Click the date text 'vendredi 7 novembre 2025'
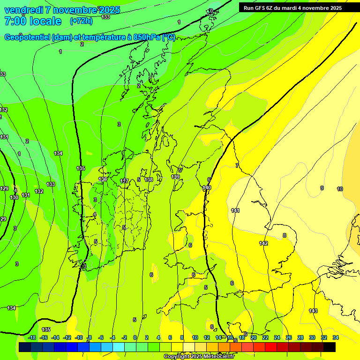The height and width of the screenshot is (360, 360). tap(62, 10)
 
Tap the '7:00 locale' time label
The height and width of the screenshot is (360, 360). tap(33, 21)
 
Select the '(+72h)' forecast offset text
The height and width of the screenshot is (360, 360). tap(81, 21)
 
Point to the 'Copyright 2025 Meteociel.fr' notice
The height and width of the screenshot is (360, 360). tap(199, 357)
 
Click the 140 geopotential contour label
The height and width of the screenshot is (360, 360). tap(207, 187)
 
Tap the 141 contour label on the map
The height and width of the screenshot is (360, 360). tap(235, 210)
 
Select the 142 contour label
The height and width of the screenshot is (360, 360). tap(263, 243)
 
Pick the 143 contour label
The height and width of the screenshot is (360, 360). tap(313, 311)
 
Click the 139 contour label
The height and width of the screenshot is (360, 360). tap(175, 177)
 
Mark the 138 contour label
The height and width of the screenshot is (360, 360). tap(149, 180)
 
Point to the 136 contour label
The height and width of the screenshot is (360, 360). tap(103, 179)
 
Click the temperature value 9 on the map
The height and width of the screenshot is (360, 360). tap(322, 188)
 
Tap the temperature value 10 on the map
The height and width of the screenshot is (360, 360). tap(340, 189)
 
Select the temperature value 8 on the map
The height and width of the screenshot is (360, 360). tap(284, 235)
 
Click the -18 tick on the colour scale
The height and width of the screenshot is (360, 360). tap(32, 337)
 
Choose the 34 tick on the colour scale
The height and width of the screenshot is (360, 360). tap(336, 337)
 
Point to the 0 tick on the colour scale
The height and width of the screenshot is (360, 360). tap(135, 337)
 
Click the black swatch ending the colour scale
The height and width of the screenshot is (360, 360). tap(330, 347)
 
